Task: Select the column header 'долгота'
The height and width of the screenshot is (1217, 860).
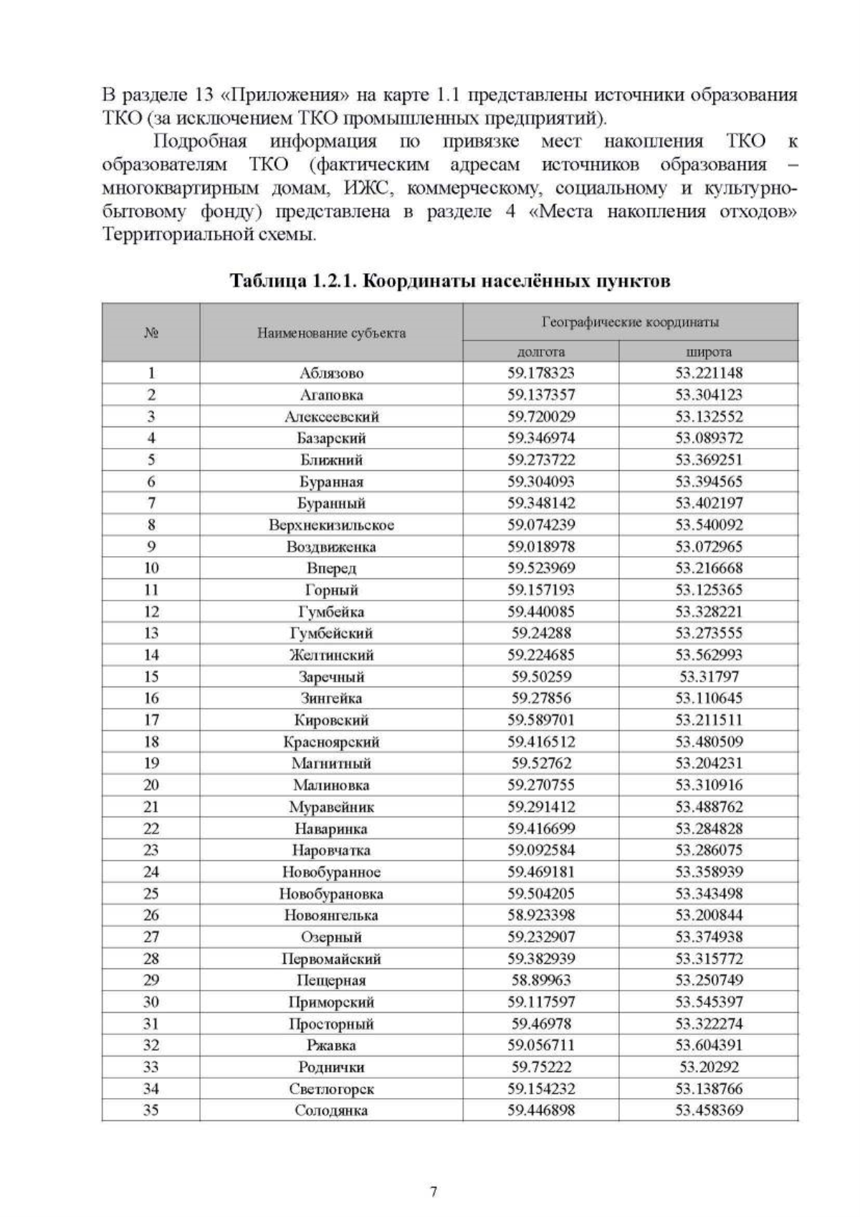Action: click(x=541, y=351)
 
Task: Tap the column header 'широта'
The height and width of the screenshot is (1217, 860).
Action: click(x=709, y=351)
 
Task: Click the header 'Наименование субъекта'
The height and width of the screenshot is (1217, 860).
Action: click(x=331, y=333)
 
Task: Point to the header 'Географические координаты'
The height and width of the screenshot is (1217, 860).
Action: click(x=630, y=322)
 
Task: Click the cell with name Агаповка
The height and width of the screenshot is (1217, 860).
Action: click(x=331, y=395)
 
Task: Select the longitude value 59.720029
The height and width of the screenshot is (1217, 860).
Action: click(x=541, y=416)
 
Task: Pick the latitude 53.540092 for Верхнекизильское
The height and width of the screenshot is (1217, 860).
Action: click(x=709, y=525)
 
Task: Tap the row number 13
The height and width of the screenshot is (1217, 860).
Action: click(x=151, y=633)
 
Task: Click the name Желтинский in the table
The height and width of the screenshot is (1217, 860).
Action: click(x=331, y=654)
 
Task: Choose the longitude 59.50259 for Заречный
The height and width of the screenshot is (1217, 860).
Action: click(x=541, y=677)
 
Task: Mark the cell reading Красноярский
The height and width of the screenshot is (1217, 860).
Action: click(x=331, y=742)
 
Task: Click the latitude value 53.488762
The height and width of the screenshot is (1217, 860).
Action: click(x=709, y=806)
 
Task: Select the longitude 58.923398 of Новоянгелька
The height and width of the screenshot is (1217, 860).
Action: click(x=541, y=915)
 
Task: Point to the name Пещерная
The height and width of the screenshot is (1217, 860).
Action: click(x=331, y=980)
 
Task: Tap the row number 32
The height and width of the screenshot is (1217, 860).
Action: click(x=151, y=1045)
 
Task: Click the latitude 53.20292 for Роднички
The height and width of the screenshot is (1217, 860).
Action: click(x=709, y=1066)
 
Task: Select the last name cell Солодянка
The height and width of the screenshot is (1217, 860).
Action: click(x=331, y=1110)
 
